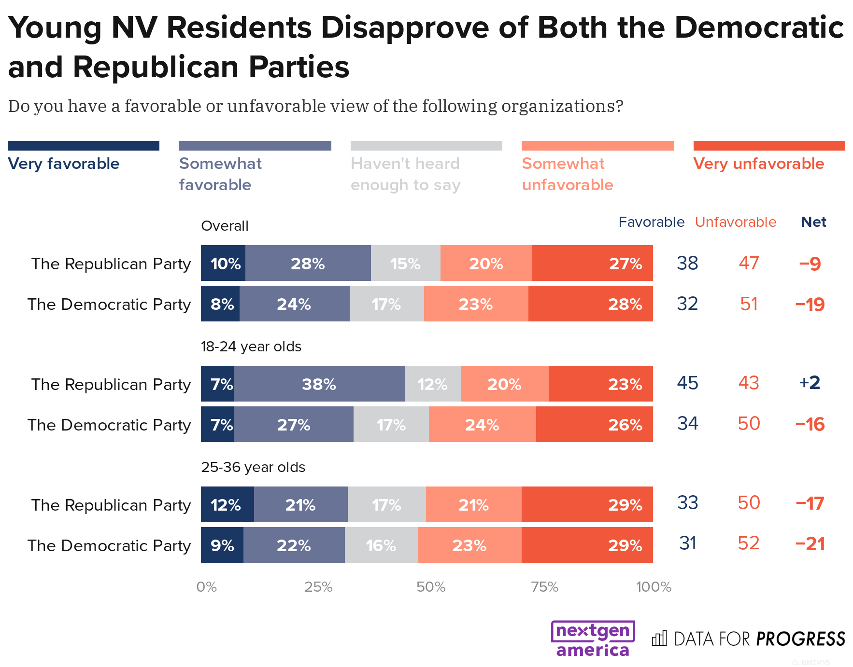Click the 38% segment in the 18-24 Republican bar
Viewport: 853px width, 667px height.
point(319,384)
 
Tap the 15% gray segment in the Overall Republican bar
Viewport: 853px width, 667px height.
point(405,264)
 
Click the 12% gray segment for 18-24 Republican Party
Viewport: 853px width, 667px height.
point(432,384)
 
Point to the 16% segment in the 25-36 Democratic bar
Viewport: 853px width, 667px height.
point(381,545)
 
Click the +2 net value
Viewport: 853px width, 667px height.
point(810,383)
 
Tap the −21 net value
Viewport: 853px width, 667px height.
point(810,544)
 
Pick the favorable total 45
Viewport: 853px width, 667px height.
point(687,383)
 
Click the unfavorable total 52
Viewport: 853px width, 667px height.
point(748,543)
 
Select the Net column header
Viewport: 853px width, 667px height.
point(813,222)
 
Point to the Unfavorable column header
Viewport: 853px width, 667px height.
point(735,222)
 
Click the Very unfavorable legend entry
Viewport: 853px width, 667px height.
point(758,164)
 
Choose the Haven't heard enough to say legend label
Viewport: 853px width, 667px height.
point(406,174)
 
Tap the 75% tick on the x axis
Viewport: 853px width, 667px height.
point(544,587)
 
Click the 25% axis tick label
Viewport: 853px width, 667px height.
point(318,587)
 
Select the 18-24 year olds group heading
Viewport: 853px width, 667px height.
point(251,347)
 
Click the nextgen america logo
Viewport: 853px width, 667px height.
point(593,639)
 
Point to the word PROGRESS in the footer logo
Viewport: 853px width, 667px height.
point(800,639)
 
